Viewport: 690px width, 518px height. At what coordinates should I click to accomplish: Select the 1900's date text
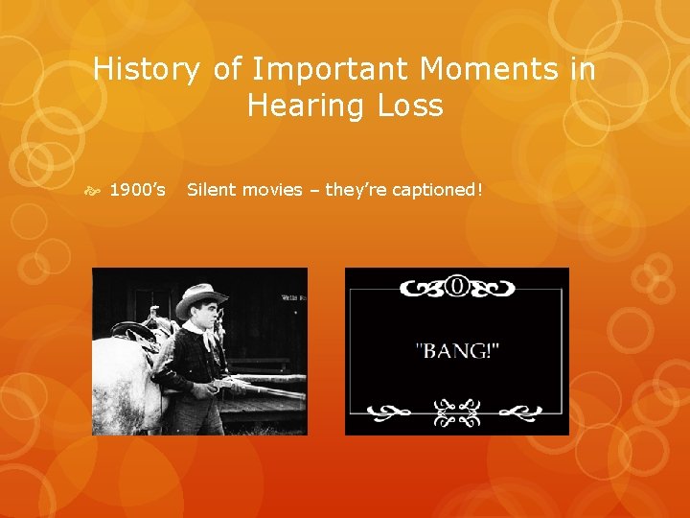139,190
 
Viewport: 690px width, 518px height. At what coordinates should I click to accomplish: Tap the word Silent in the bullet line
210,190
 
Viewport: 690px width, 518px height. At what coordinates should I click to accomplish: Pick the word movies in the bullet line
270,190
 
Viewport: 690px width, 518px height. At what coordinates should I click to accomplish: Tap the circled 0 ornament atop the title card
457,288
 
